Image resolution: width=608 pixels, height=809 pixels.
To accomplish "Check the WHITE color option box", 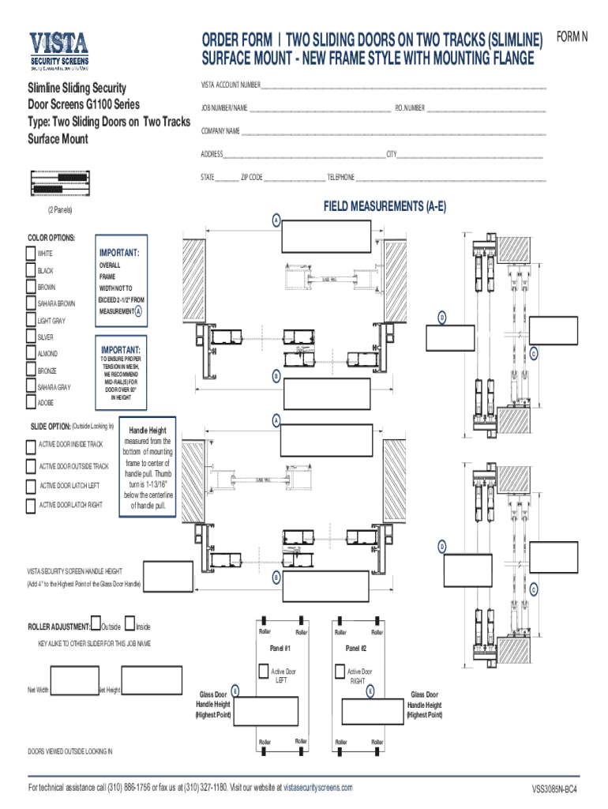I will coord(31,254).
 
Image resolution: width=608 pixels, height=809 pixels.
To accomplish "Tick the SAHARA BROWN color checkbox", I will coord(31,304).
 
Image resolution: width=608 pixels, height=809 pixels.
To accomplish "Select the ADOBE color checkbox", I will coord(31,403).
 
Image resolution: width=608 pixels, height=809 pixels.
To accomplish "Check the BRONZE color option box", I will coord(31,371).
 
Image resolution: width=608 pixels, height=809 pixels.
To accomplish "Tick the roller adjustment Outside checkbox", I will coord(96,626).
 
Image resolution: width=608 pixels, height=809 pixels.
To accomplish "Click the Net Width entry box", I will coord(73,689).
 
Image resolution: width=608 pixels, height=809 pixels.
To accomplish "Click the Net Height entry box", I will coord(144,689).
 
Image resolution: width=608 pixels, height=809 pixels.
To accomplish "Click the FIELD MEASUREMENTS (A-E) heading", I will coord(385,207).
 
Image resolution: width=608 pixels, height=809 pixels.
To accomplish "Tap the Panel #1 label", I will coord(280,649).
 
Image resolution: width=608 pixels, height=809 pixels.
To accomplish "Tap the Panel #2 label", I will coord(356,649).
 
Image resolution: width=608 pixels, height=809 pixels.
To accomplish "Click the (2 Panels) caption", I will coord(60,210).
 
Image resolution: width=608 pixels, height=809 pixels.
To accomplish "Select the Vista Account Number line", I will coord(403,86).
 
